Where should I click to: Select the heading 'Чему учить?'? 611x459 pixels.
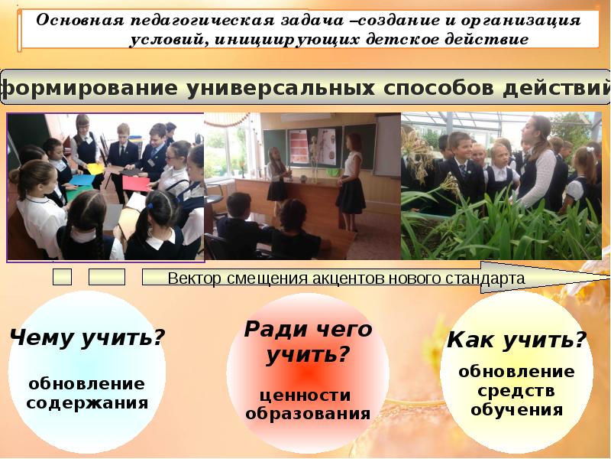(x=87, y=337)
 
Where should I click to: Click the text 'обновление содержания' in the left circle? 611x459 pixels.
(x=86, y=392)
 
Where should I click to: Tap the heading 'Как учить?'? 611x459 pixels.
(x=517, y=340)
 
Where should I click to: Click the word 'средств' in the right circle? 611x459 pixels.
(x=516, y=390)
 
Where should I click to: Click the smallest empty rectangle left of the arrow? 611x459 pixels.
(x=63, y=277)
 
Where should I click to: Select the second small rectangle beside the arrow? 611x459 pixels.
(x=106, y=277)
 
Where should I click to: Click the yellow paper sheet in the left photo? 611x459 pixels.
(x=95, y=168)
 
